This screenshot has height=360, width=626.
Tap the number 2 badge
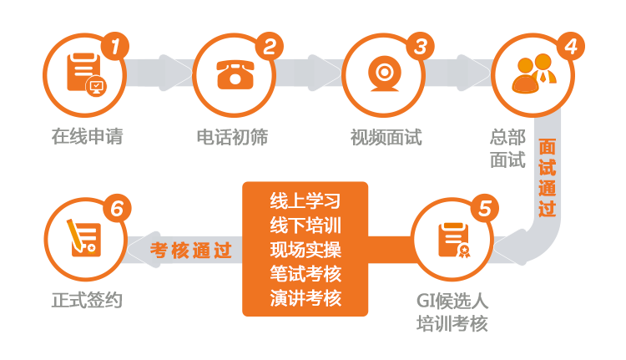[x=268, y=47]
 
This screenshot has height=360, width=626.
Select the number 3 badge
[x=421, y=46]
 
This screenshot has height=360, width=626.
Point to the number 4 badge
[x=570, y=46]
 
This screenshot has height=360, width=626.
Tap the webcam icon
[x=383, y=75]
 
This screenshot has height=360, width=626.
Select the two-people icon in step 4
[x=533, y=75]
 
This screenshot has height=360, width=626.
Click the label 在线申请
[x=87, y=136]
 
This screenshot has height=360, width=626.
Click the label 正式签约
[x=87, y=299]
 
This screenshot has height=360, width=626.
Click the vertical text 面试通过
[x=548, y=178]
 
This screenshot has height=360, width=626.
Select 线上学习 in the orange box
[x=305, y=201]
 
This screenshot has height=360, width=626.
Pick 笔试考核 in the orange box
[x=305, y=273]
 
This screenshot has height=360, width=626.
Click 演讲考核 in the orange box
[x=305, y=297]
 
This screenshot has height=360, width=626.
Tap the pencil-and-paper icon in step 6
[x=84, y=238]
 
